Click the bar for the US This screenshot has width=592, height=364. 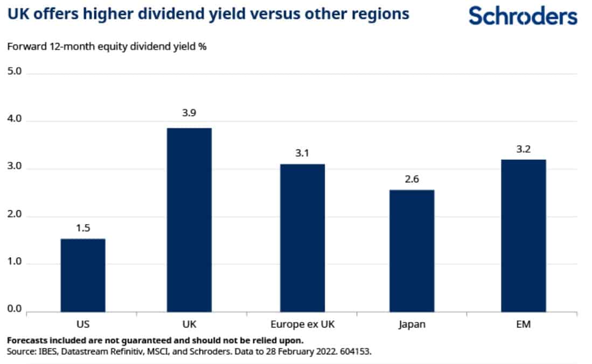click(82, 275)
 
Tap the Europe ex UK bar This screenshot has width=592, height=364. click(302, 238)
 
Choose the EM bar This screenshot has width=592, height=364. click(523, 235)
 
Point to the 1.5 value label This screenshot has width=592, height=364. click(82, 229)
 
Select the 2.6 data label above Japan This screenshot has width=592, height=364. click(412, 180)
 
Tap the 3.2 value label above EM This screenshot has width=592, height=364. click(523, 149)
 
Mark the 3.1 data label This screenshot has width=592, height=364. click(302, 154)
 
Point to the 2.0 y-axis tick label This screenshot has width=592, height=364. click(15, 215)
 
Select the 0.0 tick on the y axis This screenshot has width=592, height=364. click(15, 309)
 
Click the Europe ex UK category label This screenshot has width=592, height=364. click(302, 324)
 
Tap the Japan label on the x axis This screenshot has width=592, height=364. click(412, 324)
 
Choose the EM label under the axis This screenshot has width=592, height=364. click(523, 324)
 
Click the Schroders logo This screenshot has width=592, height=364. click(523, 16)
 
